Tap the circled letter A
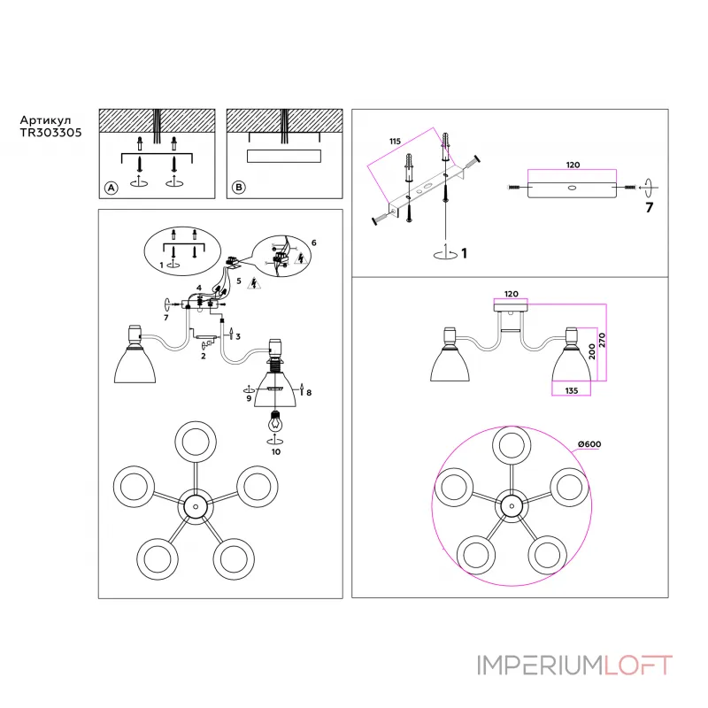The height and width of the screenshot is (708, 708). coord(111,188)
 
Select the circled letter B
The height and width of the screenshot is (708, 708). coord(238,188)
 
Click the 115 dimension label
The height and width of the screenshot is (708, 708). coord(395,141)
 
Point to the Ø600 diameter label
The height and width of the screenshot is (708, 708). coord(590,443)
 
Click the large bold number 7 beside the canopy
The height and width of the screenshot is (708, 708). coord(649,209)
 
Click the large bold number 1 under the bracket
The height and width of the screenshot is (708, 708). coord(464,253)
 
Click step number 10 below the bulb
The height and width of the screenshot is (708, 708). coord(275,451)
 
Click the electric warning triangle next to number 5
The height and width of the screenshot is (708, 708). coord(254,284)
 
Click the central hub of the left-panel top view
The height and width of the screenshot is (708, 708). coord(193,507)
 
